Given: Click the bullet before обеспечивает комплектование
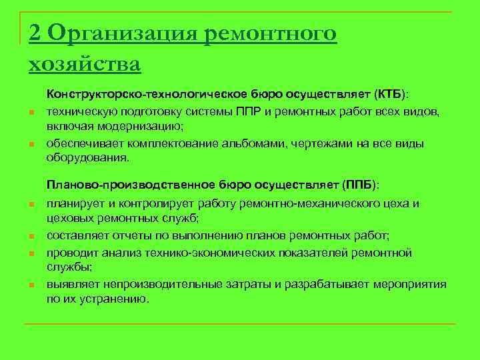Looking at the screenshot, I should coord(31,145).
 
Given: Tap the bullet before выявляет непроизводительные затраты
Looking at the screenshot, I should coord(31,285).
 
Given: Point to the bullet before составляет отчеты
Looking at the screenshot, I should coord(31,236).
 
